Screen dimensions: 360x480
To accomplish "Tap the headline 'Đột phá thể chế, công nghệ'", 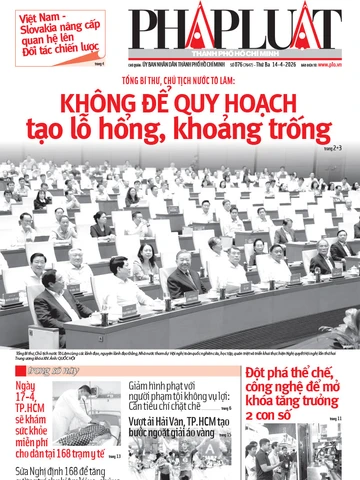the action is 294,389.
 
